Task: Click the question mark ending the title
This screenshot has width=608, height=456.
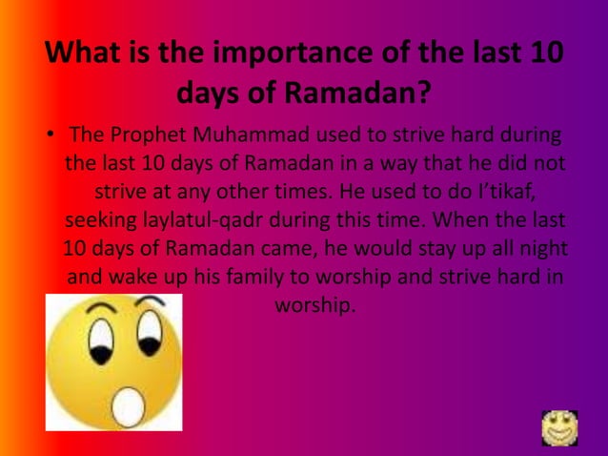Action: click(x=419, y=94)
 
